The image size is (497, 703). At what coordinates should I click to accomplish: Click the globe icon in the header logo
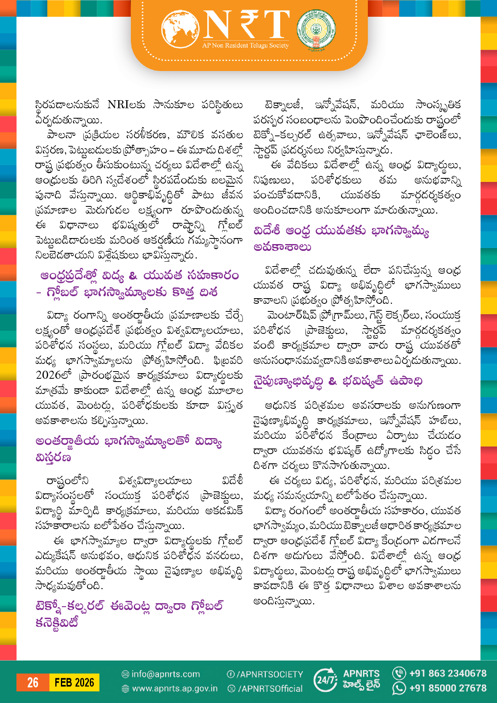tap(180, 28)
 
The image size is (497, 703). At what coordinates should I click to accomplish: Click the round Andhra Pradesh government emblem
tap(316, 30)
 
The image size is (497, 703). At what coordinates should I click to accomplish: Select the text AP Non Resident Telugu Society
tap(245, 46)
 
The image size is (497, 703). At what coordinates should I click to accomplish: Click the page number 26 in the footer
tap(32, 683)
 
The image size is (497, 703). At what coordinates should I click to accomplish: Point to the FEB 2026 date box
tap(74, 683)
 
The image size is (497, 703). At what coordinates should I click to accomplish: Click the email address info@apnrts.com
tap(165, 674)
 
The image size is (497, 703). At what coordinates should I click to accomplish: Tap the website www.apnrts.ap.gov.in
tap(175, 689)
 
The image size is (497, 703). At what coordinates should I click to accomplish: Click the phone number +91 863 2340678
tap(447, 673)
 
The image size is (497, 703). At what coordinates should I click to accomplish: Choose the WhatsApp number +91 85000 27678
tap(447, 688)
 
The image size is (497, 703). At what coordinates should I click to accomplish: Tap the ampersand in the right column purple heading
tap(332, 381)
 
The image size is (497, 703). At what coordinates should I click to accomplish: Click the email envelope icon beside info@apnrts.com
tap(125, 674)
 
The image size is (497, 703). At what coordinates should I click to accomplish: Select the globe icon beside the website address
tap(125, 689)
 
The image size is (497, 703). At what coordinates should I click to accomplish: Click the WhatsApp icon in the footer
tap(399, 688)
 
